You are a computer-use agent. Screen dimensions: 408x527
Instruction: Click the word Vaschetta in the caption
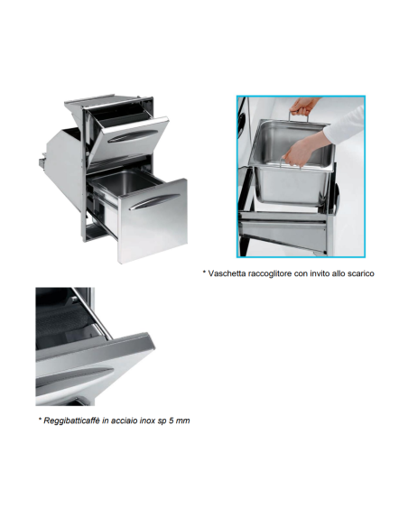pos(227,273)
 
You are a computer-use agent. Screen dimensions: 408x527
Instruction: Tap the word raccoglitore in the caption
pos(270,273)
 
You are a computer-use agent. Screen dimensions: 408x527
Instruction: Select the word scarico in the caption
pos(361,273)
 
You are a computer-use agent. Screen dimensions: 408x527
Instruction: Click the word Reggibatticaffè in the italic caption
pos(71,421)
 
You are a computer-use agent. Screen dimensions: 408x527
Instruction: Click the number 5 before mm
pos(172,421)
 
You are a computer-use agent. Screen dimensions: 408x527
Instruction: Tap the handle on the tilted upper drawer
pos(132,136)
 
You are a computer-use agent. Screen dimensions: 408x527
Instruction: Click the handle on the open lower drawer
pos(154,201)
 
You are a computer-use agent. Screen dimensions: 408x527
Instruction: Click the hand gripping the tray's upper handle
pos(303,106)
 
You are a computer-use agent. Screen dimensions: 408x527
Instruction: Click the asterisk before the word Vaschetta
pos(204,272)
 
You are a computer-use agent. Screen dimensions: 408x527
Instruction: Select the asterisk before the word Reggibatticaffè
pos(41,419)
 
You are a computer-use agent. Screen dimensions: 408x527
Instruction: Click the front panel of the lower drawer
pos(153,220)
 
